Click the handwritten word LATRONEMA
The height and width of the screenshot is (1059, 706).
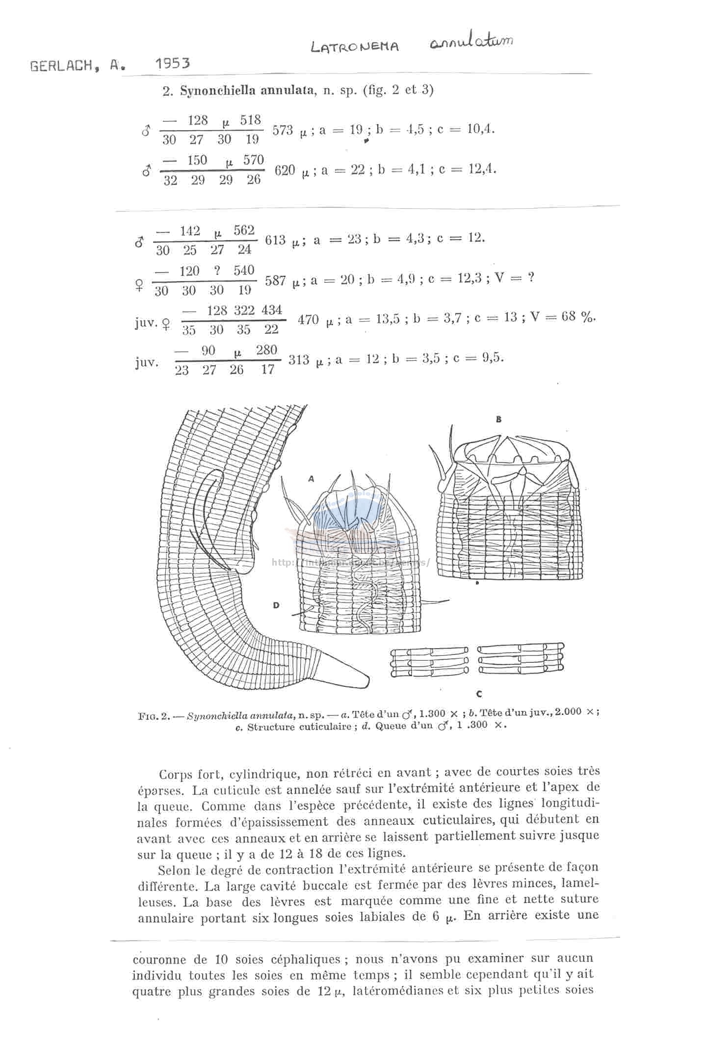(355, 47)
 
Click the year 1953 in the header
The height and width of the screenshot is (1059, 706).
(172, 63)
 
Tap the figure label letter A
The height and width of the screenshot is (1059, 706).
(311, 479)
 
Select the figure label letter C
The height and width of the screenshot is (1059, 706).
(479, 694)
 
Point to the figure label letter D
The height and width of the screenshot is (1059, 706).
(276, 605)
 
